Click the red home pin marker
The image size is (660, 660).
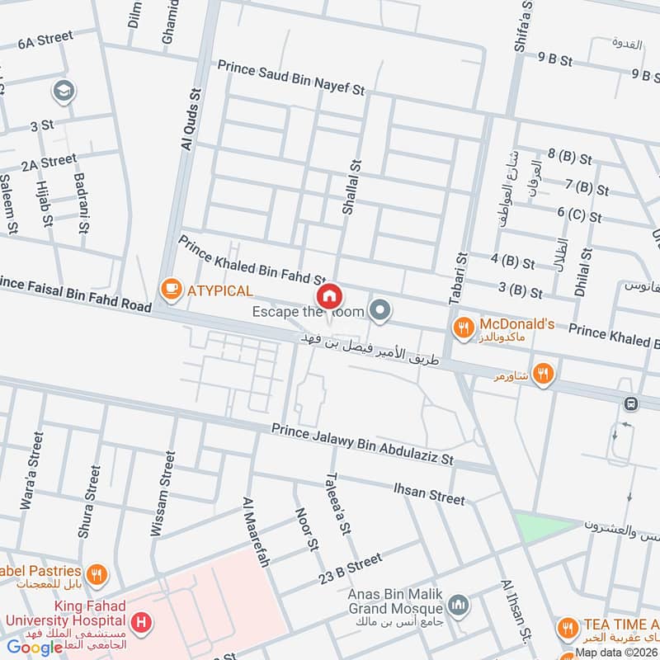click(x=328, y=295)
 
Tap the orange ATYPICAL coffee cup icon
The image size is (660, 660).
click(x=171, y=289)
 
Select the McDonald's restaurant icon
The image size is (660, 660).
click(x=464, y=328)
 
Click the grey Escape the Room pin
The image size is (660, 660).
click(x=379, y=310)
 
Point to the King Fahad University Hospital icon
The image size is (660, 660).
click(x=143, y=621)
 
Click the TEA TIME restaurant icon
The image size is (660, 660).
click(x=568, y=627)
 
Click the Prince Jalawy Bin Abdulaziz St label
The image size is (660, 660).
click(x=364, y=443)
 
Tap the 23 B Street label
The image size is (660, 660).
click(x=351, y=568)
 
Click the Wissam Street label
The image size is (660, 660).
click(x=162, y=494)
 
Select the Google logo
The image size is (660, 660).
click(x=35, y=647)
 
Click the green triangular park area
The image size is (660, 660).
click(x=540, y=526)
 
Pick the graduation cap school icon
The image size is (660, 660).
click(x=63, y=92)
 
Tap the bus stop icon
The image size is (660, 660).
click(x=631, y=404)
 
